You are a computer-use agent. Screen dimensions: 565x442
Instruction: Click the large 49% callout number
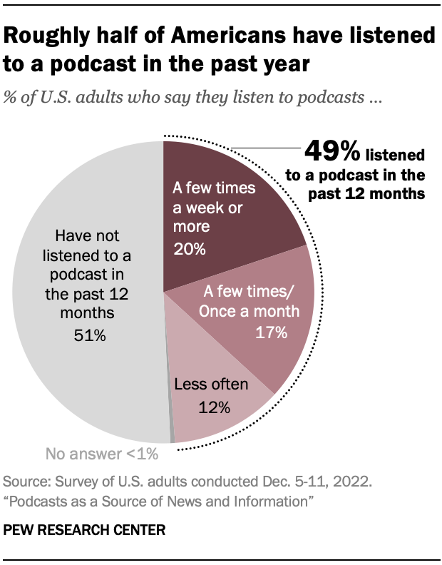pyautogui.click(x=331, y=152)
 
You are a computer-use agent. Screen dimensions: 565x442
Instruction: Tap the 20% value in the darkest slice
pyautogui.click(x=189, y=250)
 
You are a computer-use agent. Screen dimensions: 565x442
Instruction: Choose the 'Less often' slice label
pyautogui.click(x=212, y=385)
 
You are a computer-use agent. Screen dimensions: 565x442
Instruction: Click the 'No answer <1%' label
pyautogui.click(x=101, y=453)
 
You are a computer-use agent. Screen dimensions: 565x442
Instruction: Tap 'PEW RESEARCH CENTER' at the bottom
pyautogui.click(x=84, y=531)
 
